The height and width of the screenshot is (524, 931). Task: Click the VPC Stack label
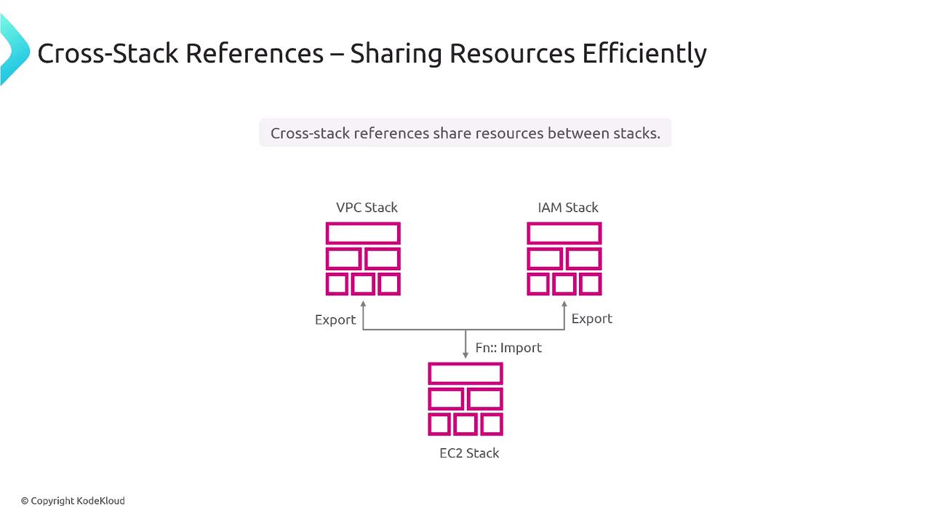pos(367,207)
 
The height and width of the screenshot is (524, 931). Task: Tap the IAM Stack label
pos(568,207)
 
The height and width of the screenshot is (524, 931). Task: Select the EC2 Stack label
pos(469,453)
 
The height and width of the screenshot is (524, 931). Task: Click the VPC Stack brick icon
pos(363,258)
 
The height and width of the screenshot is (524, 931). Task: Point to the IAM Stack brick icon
pos(564,258)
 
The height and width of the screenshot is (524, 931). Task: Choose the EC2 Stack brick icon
pos(465,399)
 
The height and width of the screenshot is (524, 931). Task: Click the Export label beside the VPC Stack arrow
pos(335,319)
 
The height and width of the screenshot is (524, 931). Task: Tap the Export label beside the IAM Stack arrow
pos(592,319)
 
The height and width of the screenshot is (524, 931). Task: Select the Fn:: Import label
pos(508,347)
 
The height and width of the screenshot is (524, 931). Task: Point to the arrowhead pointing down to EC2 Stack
pos(465,354)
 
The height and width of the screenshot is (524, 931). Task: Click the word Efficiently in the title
pos(644,54)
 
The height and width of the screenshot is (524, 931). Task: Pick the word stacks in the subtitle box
pos(637,133)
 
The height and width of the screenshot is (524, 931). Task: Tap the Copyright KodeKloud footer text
pos(73,501)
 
